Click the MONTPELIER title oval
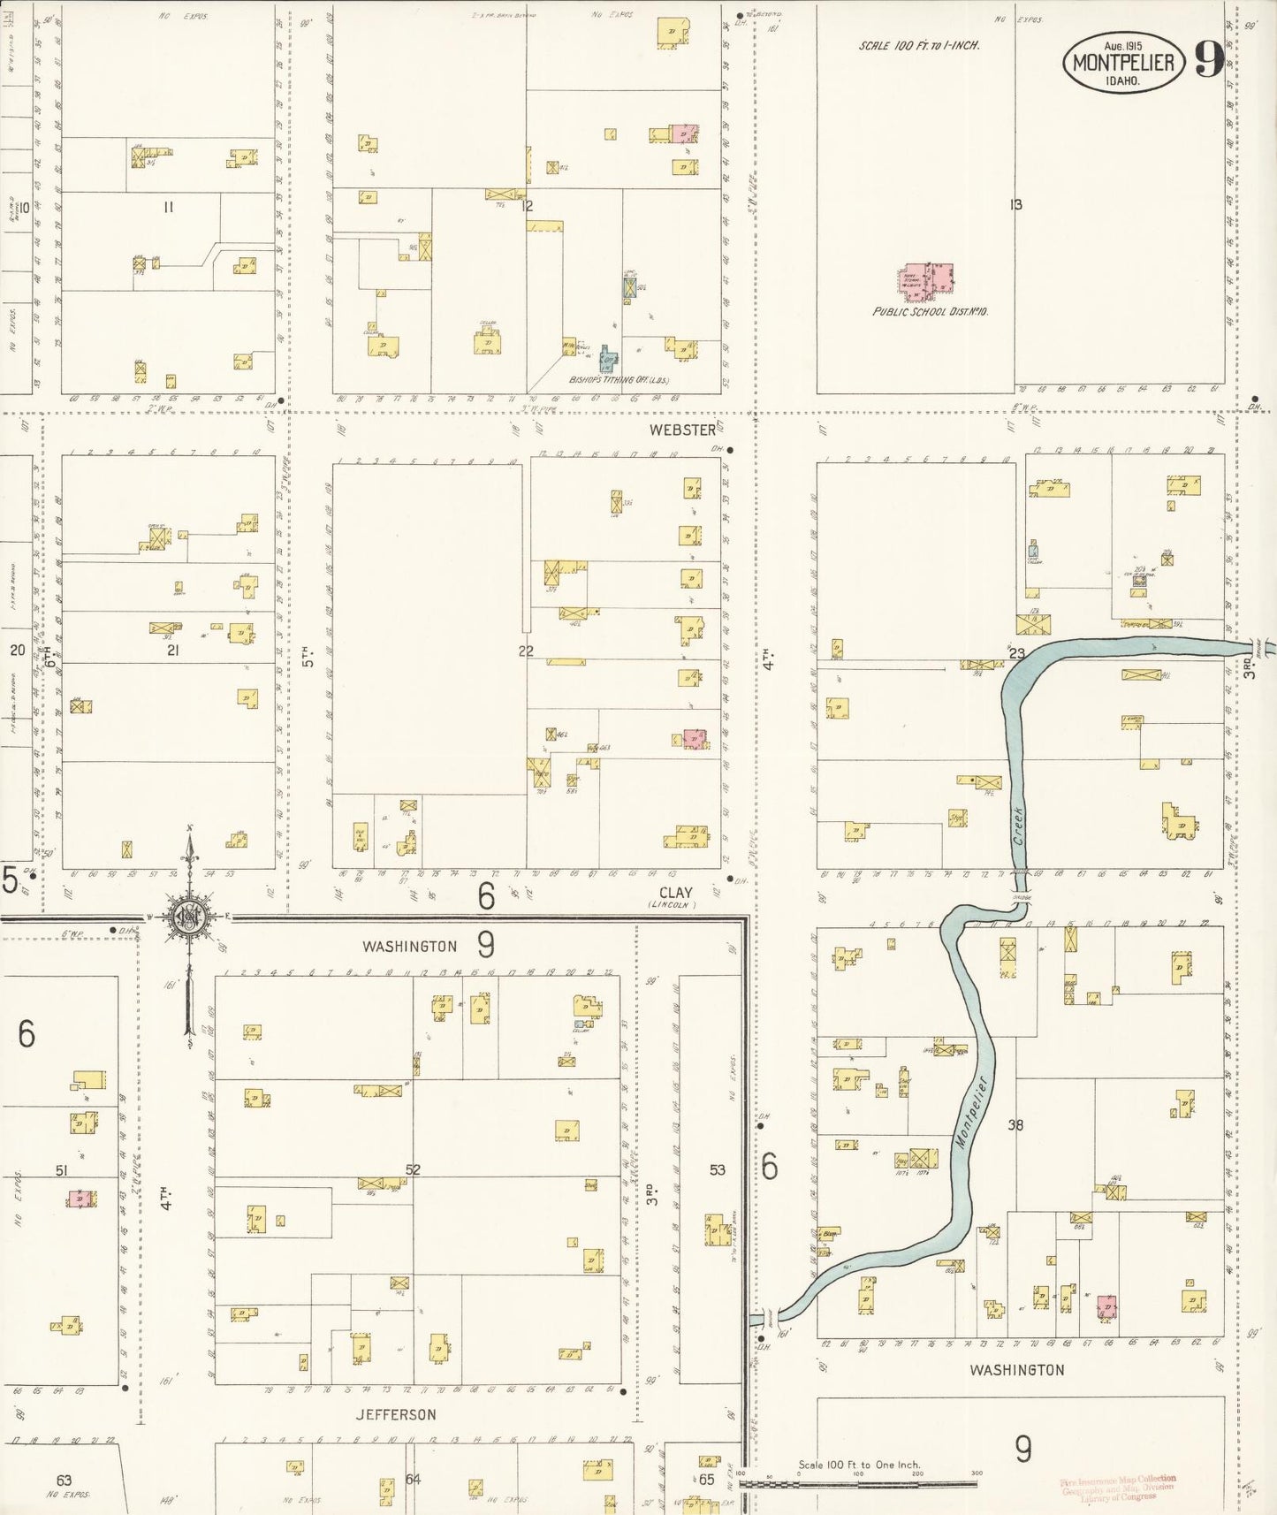tap(1122, 62)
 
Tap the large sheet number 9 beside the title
tap(1208, 59)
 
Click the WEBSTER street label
tap(682, 430)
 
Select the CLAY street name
tap(675, 893)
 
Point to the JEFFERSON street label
tap(396, 1414)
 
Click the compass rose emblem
tap(189, 917)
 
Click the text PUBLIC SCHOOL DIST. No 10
tap(930, 312)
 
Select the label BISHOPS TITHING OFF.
tap(619, 381)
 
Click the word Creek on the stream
tap(1019, 826)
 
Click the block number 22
tap(526, 651)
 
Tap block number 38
tap(1015, 1125)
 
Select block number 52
tap(413, 1169)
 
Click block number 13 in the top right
tap(1015, 204)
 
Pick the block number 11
tap(168, 207)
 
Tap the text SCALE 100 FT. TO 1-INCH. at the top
tap(918, 45)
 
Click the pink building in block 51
tap(80, 1199)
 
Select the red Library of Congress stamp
tap(1118, 1487)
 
